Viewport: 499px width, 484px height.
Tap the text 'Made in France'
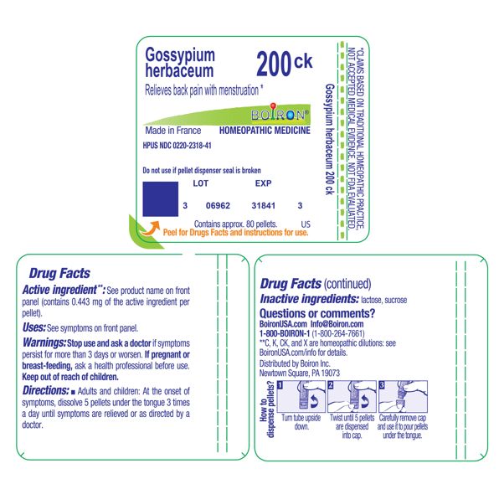point(172,131)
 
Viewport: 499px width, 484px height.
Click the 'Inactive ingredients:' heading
point(309,298)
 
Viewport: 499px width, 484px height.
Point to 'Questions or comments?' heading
point(317,313)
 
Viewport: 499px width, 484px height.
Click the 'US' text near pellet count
point(305,224)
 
